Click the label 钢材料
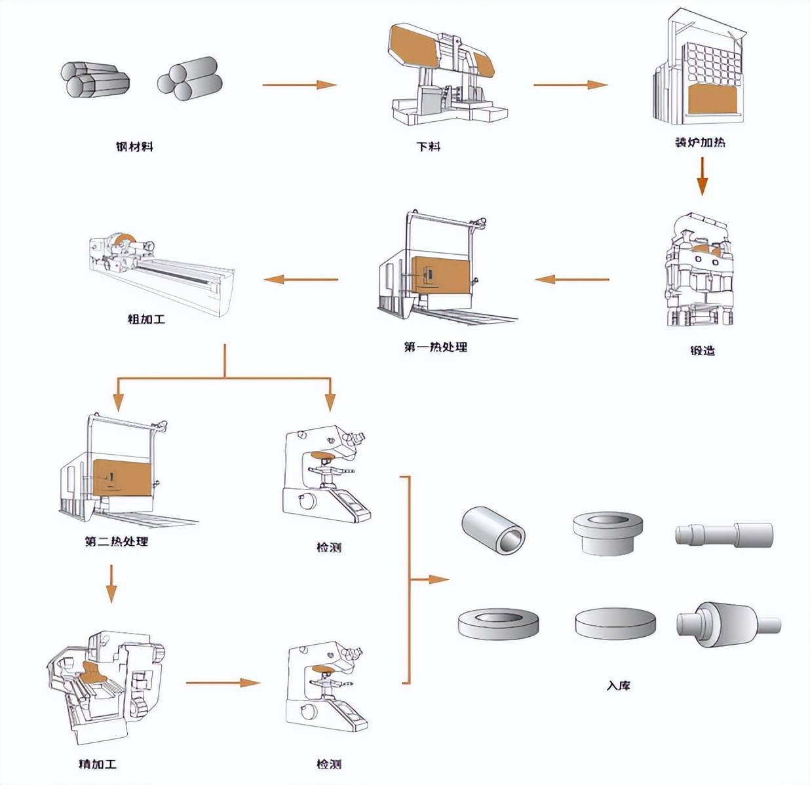134,147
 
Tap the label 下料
429,147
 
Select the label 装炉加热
701,142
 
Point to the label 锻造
703,351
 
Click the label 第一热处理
436,347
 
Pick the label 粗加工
147,320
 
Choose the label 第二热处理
117,542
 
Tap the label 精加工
98,764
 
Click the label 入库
618,686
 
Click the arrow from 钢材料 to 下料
299,85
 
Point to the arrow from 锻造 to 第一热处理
571,280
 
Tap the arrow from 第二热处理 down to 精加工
111,583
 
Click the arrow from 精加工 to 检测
223,683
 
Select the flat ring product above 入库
499,623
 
